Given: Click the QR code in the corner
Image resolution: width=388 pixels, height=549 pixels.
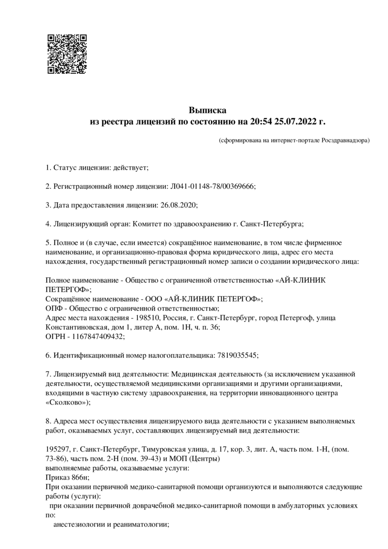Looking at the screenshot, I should [67, 53].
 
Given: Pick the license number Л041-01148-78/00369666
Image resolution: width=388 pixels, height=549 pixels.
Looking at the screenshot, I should [212, 186].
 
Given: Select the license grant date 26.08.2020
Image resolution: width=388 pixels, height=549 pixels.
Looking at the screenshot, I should [178, 205].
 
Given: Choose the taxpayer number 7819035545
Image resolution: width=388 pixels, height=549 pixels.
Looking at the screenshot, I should [236, 355].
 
